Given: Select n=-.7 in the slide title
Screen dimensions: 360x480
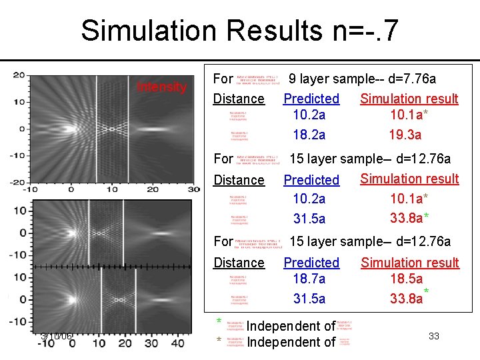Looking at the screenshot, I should click(371, 31).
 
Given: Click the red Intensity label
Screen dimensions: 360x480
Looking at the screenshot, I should click(161, 87).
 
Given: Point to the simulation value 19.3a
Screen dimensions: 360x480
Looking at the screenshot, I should click(405, 135).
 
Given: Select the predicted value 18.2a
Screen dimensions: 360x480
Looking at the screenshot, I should click(309, 135).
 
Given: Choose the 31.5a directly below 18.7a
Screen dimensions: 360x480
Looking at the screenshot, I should click(309, 299).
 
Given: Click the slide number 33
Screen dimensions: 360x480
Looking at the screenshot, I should click(434, 336).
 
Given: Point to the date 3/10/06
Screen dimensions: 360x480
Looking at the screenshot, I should click(56, 336).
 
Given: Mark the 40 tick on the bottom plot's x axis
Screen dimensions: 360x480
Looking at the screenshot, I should click(177, 343).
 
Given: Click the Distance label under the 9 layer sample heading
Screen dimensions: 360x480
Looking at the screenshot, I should click(239, 99).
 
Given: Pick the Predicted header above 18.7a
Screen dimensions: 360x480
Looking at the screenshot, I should click(311, 263).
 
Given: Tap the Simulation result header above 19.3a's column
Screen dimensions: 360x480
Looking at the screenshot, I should click(409, 99).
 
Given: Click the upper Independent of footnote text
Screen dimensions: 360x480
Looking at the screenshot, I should click(291, 326).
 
